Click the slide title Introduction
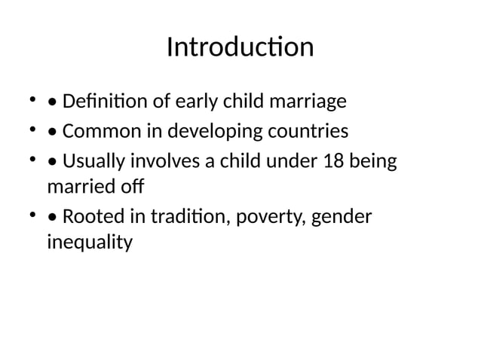point(240,47)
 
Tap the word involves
point(156,163)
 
